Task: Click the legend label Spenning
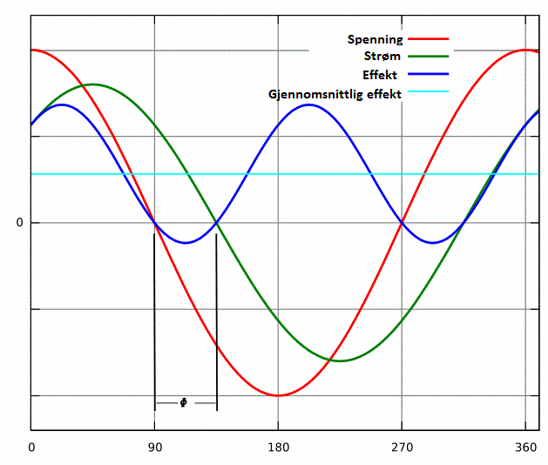tap(375, 39)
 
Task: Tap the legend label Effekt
tap(380, 74)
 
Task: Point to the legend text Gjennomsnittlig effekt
tap(335, 92)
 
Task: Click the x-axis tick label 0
tap(31, 447)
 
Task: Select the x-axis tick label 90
tap(155, 447)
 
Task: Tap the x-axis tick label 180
tap(278, 447)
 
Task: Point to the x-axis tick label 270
tap(402, 447)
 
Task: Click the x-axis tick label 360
tap(524, 447)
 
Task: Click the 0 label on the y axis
tap(19, 223)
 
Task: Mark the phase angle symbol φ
tap(183, 402)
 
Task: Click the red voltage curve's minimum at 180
tap(278, 395)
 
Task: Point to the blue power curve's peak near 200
tap(309, 104)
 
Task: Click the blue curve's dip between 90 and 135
tap(186, 243)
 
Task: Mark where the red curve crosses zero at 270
tap(402, 223)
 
